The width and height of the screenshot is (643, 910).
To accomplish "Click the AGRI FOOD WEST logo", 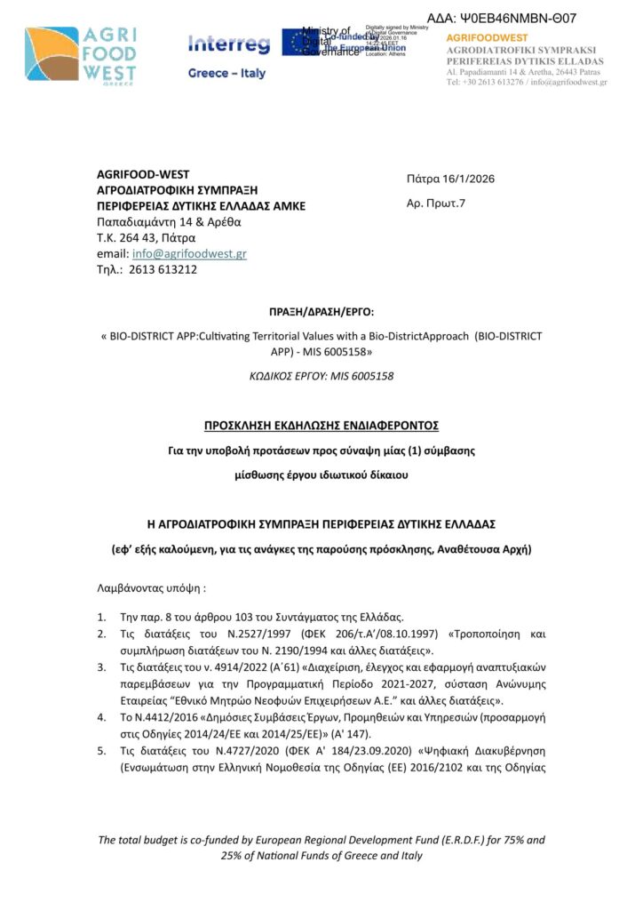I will click(83, 55).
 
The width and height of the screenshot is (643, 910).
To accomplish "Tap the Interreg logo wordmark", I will click(228, 44).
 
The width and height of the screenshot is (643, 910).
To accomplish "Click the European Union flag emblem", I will click(296, 43).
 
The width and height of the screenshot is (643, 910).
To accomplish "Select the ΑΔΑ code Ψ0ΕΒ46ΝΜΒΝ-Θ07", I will click(502, 18).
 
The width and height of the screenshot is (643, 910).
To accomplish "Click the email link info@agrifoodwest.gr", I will click(189, 253).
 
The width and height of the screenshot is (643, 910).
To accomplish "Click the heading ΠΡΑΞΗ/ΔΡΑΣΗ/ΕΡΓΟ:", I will click(321, 313).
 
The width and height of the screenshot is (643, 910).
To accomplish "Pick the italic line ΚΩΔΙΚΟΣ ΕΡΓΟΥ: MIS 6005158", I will click(321, 376).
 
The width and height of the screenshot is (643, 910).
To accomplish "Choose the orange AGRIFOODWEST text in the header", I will click(487, 38).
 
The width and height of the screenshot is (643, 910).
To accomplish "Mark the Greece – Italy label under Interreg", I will click(226, 74).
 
